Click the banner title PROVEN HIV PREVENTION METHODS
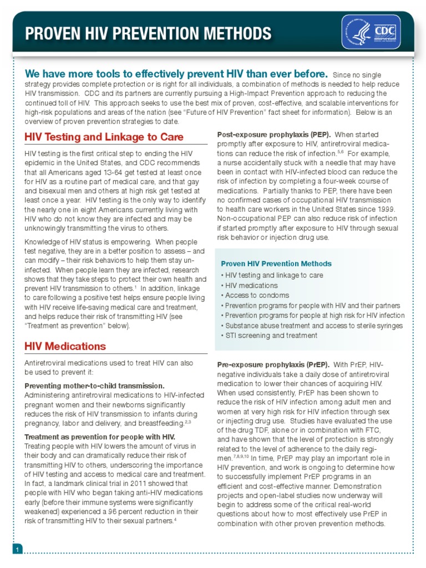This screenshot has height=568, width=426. click(149, 34)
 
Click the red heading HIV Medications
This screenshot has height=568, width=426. click(65, 346)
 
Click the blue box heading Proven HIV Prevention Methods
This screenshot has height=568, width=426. click(276, 263)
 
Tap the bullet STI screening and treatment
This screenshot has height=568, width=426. click(269, 336)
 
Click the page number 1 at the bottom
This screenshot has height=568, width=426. click(18, 549)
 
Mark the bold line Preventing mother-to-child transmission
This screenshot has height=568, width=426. click(94, 386)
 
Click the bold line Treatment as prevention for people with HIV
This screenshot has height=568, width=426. click(100, 437)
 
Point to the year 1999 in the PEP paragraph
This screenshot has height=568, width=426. click(386, 209)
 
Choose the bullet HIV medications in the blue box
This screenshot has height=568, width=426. click(251, 285)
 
